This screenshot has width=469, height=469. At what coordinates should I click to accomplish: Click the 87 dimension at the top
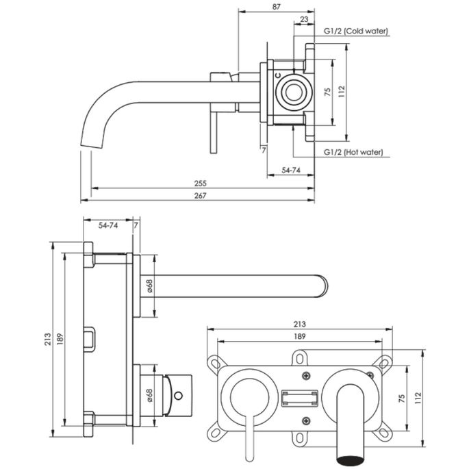pyautogui.click(x=275, y=6)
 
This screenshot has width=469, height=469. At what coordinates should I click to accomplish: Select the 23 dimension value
pyautogui.click(x=303, y=21)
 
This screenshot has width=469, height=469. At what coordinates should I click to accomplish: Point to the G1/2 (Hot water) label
pyautogui.click(x=353, y=152)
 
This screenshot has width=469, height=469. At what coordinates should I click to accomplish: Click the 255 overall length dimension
pyautogui.click(x=201, y=183)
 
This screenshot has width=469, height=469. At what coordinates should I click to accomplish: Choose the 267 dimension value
pyautogui.click(x=201, y=196)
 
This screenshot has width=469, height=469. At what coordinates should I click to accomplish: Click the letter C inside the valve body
pyautogui.click(x=278, y=78)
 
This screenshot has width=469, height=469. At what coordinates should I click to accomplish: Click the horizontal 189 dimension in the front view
pyautogui.click(x=299, y=336)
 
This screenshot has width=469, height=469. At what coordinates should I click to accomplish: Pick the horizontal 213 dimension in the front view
pyautogui.click(x=299, y=324)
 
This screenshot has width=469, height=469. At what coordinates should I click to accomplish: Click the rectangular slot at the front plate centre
pyautogui.click(x=300, y=397)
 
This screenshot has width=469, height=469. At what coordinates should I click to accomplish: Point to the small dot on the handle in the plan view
pyautogui.click(x=179, y=396)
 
